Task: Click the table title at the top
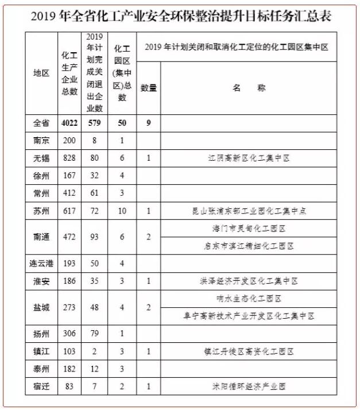point(180,16)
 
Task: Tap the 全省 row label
point(41,123)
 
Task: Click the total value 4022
point(69,123)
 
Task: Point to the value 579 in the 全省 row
point(94,123)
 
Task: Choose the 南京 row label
point(41,140)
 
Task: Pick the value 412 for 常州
point(69,193)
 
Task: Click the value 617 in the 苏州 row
point(69,211)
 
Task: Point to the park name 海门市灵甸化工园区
point(248,229)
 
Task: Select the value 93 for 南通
point(94,237)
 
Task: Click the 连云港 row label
point(41,264)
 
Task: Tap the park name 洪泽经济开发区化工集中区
point(248,281)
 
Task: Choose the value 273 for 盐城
point(69,307)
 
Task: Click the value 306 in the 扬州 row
point(69,334)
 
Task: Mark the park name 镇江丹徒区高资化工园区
point(248,351)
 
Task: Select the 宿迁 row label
point(41,386)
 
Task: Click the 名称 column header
point(248,88)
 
